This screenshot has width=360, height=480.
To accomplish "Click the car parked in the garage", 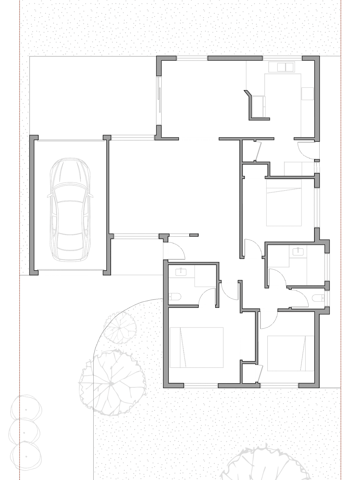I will (x=70, y=210).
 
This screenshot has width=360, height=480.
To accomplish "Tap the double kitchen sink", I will (x=285, y=67).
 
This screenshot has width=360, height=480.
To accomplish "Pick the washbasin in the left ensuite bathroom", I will (x=181, y=272).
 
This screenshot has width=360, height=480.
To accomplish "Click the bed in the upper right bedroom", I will (x=284, y=203).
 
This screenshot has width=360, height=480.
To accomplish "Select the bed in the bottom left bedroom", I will (x=197, y=347).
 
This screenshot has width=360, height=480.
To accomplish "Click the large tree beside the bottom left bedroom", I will (x=112, y=383).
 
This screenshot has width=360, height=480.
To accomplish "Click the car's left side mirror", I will (x=49, y=195).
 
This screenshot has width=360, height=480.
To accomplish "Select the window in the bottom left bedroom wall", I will (x=201, y=385).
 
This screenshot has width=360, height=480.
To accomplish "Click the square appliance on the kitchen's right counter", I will (x=307, y=94).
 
